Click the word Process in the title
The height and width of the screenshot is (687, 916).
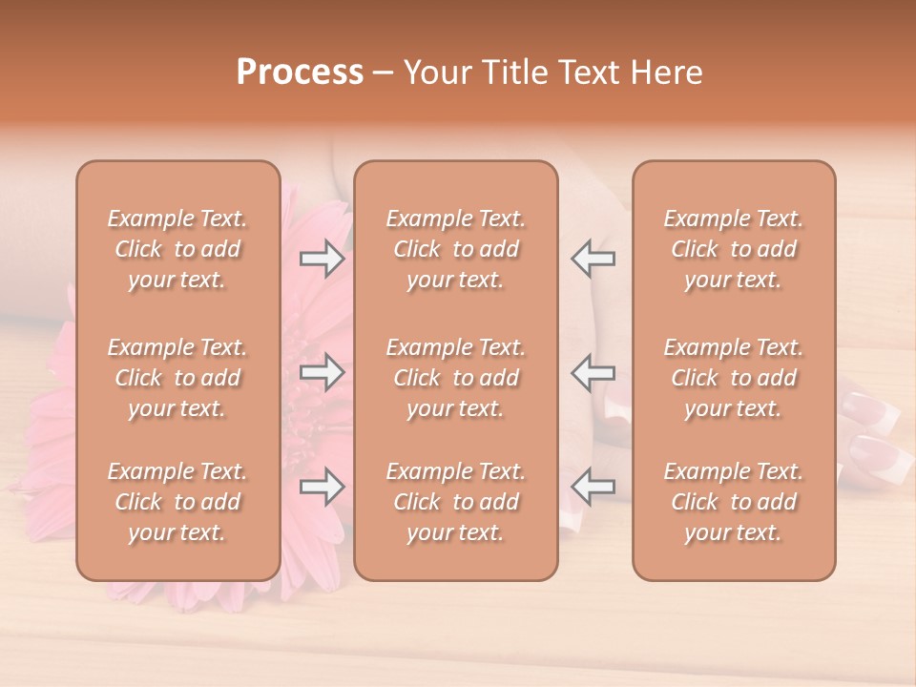coord(300,73)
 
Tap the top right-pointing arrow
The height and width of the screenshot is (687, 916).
coord(322,259)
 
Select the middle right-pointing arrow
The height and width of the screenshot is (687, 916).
coord(322,373)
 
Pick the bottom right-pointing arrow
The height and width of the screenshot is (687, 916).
coord(322,488)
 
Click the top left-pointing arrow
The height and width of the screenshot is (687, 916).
coord(593,259)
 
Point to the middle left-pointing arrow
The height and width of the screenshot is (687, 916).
coord(593,373)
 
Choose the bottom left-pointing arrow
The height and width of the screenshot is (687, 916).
coord(593,488)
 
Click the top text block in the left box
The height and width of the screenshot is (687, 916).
coord(177,249)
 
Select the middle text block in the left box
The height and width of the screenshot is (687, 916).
coord(177,378)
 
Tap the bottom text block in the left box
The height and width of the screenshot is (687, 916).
coord(177,502)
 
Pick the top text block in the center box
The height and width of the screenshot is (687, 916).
coord(456,249)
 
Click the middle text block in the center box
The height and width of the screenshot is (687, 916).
coord(456,378)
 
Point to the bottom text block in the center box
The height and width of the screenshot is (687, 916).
coord(456,502)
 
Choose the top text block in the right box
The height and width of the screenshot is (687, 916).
coord(734,249)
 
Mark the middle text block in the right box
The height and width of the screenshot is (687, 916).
coord(734,378)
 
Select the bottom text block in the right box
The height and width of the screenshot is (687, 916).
coord(734,502)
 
